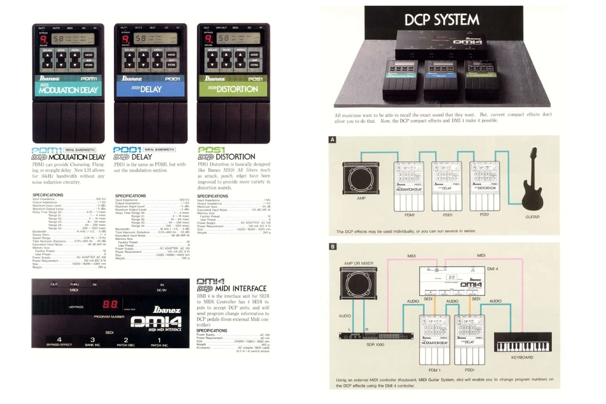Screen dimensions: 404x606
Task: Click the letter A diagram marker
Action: (332, 140)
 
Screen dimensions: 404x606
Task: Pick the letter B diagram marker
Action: (332, 247)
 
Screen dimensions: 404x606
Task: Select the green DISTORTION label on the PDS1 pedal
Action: (233, 89)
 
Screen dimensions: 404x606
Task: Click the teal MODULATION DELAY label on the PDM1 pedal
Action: (65, 90)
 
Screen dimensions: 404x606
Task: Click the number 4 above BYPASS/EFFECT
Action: (59, 339)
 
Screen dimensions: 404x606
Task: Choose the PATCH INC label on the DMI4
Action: (158, 345)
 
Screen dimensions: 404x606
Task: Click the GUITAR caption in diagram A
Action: (532, 216)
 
